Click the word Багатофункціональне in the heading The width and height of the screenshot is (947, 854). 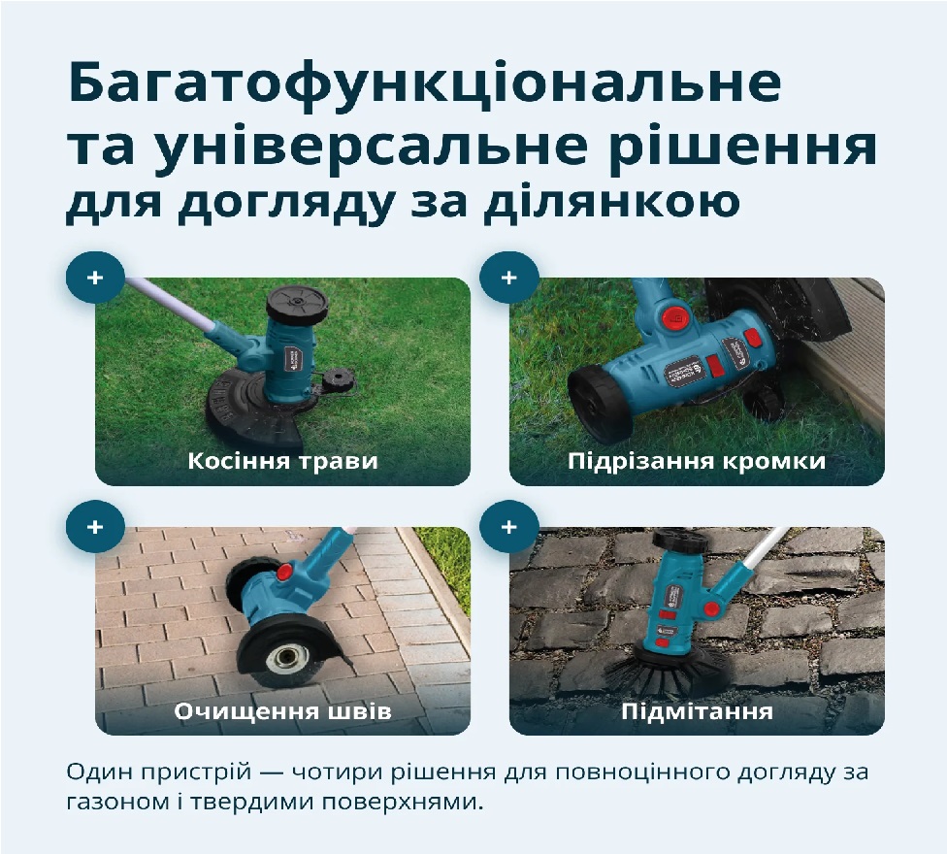coord(425,84)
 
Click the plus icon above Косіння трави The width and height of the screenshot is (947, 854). coord(95,278)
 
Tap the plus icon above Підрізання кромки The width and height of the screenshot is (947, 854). coord(509,278)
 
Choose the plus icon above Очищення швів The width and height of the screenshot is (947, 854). coord(95,527)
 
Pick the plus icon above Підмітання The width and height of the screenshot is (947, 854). coord(509,527)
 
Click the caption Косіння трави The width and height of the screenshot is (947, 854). coord(282,461)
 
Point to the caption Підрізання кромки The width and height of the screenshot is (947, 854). coord(697,461)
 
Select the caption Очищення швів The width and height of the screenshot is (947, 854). coord(282,711)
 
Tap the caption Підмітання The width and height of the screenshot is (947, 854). coord(697,711)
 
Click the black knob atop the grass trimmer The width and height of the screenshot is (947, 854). coord(298,304)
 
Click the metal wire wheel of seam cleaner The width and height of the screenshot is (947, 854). coord(284,660)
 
